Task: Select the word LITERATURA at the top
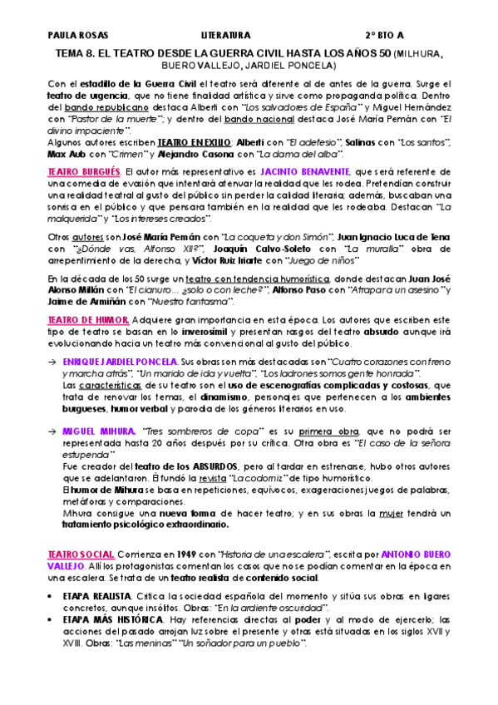tap(226, 37)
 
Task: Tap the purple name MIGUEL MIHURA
tap(99, 432)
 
